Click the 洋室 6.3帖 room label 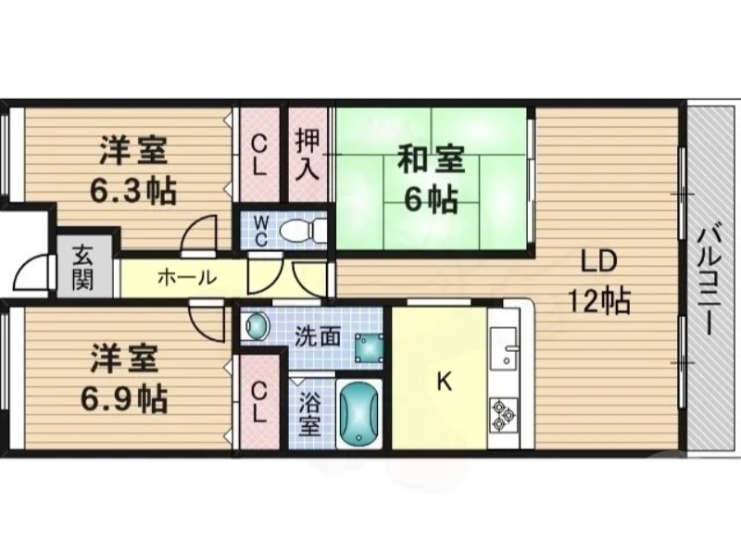click(133, 169)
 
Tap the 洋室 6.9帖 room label click(126, 378)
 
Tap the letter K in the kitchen click(444, 381)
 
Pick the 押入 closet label click(307, 155)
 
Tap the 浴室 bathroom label click(309, 414)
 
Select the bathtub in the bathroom click(358, 414)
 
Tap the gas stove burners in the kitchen click(504, 414)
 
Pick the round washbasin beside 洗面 click(256, 326)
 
